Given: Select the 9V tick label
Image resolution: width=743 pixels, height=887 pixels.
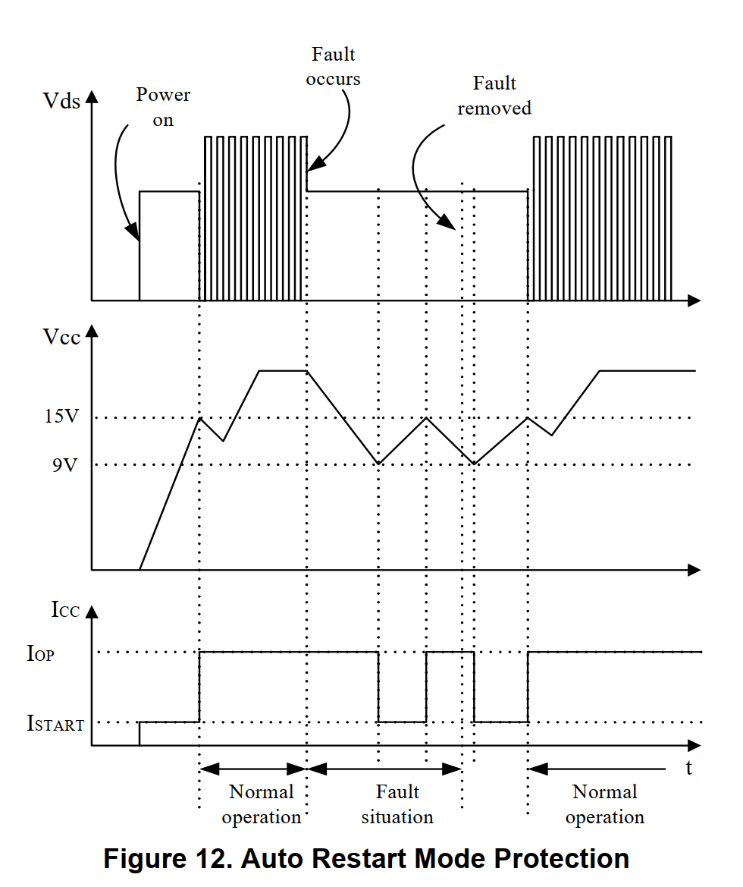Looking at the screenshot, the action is [x=64, y=464].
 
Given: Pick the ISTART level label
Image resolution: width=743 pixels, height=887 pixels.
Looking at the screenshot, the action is [x=55, y=724].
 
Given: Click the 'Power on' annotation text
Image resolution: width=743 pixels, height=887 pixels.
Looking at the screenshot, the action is [x=163, y=108].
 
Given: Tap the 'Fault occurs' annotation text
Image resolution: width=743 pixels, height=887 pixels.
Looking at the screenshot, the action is [x=334, y=67].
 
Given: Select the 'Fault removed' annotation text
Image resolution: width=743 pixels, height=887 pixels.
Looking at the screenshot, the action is [x=494, y=96].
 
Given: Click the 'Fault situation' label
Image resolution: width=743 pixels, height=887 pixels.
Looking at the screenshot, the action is [x=397, y=804].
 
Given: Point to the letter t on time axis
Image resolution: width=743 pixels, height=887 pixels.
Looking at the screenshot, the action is [x=689, y=768].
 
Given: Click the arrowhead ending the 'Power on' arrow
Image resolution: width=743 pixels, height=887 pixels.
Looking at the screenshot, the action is [x=134, y=232].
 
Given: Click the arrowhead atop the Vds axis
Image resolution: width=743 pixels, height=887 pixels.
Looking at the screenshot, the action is [x=92, y=96].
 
